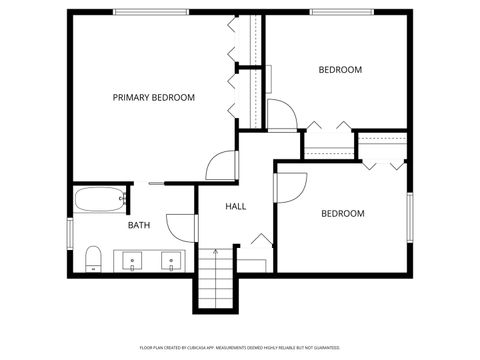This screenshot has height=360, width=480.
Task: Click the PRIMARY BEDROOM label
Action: [x=153, y=97]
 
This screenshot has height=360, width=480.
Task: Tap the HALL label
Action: [x=236, y=206]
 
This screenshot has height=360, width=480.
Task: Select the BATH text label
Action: [x=139, y=225]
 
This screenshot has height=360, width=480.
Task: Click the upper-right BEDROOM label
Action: [x=340, y=70]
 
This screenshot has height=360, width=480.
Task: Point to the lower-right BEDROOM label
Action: [x=342, y=213]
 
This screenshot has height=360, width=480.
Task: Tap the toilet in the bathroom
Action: [x=93, y=259]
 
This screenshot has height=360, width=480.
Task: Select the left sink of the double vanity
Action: [x=132, y=262]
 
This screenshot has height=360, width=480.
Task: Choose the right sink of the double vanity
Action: [x=171, y=262]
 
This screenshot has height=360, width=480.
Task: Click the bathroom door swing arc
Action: [x=181, y=228]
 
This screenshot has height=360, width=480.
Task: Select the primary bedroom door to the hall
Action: [x=222, y=166]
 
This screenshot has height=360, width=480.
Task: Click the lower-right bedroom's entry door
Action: [x=291, y=187]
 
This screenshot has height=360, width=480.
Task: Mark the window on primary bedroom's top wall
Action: [x=150, y=12]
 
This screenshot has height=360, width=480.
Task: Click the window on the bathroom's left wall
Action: [x=69, y=232]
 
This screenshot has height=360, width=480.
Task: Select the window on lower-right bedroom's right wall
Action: [x=409, y=217]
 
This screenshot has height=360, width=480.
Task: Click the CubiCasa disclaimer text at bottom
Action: [x=240, y=347]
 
